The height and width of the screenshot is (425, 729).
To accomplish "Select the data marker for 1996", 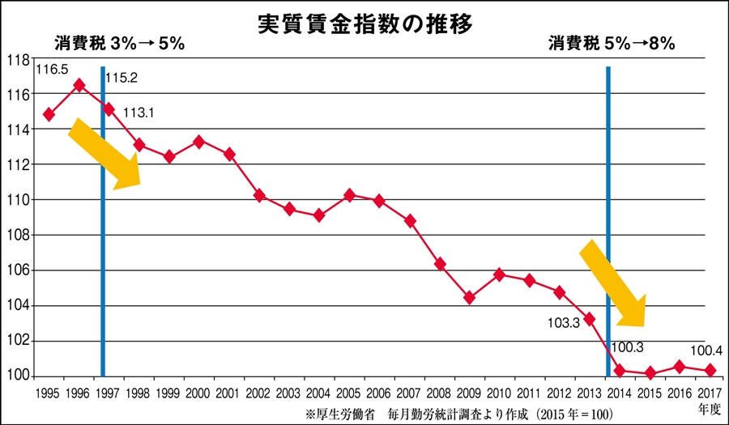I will coord(79,85).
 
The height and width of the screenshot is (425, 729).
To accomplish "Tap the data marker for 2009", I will coord(469,298).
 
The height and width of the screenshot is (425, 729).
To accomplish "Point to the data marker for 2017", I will coord(710,370).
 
